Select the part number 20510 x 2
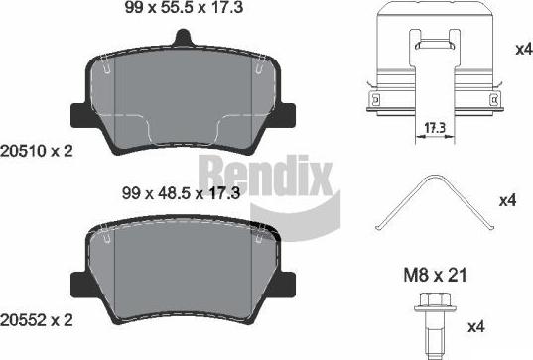pos(37,151)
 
